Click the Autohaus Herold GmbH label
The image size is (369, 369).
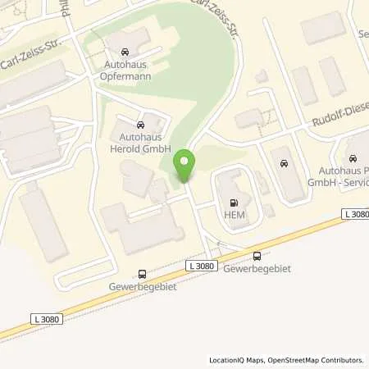140,142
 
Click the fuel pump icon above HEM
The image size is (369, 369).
235,203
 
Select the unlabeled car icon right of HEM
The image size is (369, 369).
284,163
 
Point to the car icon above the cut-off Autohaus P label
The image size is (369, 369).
353,158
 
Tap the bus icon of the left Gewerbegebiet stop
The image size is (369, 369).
143,274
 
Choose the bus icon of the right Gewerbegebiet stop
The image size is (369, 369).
258,255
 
